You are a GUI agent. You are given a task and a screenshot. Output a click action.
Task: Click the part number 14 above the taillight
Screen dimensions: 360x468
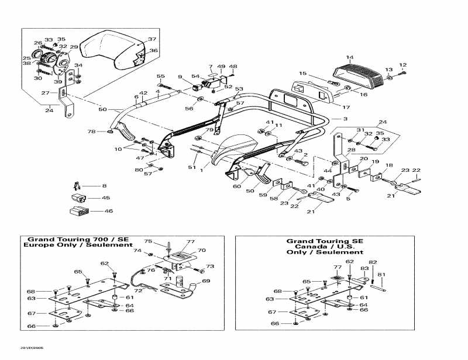pyautogui.click(x=349, y=57)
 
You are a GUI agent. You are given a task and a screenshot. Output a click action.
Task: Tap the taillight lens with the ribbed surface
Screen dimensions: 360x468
pyautogui.click(x=357, y=72)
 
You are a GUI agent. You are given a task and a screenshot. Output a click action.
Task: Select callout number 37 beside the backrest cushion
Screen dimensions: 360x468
pyautogui.click(x=152, y=39)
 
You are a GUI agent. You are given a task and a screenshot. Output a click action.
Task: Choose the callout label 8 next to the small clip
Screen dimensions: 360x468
pyautogui.click(x=104, y=186)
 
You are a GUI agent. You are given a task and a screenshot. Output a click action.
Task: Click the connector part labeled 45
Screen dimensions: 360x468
pyautogui.click(x=78, y=198)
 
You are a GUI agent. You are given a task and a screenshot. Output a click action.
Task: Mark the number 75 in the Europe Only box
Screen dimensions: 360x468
pyautogui.click(x=148, y=241)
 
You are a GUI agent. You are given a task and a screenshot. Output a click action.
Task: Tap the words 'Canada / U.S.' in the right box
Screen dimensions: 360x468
pyautogui.click(x=325, y=247)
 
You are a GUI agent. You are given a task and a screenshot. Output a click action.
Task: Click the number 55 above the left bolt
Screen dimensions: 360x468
pyautogui.click(x=160, y=77)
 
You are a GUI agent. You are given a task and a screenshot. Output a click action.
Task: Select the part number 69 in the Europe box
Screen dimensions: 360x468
pyautogui.click(x=206, y=281)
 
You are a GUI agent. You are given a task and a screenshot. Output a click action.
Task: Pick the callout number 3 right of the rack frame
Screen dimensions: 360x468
pyautogui.click(x=345, y=119)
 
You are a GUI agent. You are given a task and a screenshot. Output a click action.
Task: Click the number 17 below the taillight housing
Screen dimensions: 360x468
pyautogui.click(x=346, y=107)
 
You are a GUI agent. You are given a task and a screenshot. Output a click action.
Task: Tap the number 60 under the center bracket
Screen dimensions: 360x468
pyautogui.click(x=236, y=186)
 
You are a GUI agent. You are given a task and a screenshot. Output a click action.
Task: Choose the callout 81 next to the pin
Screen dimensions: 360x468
pyautogui.click(x=381, y=275)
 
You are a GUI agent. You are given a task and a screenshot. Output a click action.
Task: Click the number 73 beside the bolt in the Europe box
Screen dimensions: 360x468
pyautogui.click(x=210, y=266)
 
